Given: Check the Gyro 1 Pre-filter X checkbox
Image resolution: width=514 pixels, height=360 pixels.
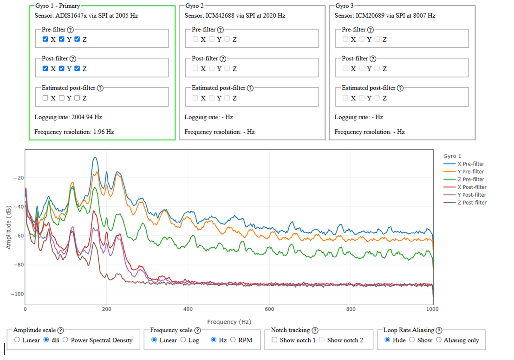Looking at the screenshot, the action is (x=45, y=39).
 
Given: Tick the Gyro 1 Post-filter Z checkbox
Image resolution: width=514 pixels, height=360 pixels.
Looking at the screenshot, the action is (x=77, y=68).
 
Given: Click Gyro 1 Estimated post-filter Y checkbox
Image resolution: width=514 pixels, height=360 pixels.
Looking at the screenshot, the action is (x=61, y=97).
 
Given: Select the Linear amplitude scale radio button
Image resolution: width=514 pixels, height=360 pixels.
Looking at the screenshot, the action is (x=17, y=340).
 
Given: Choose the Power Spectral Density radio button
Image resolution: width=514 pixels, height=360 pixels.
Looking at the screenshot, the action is (x=65, y=340).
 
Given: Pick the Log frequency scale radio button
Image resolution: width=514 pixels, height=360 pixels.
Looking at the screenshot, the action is (x=183, y=340).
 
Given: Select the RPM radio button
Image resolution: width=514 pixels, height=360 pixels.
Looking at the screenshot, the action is (x=233, y=340).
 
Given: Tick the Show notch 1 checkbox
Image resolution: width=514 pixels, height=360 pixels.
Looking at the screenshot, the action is (x=274, y=340).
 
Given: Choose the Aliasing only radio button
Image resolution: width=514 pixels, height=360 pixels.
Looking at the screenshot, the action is (x=439, y=340).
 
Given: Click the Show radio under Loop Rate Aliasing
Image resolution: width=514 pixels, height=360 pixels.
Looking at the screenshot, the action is (x=412, y=340).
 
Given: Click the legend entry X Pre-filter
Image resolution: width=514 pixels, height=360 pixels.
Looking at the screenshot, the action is (x=464, y=164).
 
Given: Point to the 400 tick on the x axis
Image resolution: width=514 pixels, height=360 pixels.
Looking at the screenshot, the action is (x=188, y=309).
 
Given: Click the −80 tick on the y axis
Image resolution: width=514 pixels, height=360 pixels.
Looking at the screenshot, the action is (x=19, y=265).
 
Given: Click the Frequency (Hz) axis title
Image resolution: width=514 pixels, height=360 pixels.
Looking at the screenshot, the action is (x=229, y=321).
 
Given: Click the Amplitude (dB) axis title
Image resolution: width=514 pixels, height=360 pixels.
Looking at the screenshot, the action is (x=8, y=227).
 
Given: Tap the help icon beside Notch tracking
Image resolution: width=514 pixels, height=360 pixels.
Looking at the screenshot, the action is (x=315, y=330).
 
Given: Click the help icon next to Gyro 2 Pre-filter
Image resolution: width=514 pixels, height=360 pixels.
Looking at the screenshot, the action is (x=220, y=30).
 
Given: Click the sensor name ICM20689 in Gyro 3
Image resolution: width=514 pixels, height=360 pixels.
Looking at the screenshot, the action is (x=371, y=15).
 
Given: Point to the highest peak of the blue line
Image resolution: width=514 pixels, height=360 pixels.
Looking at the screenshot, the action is (x=95, y=158).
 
